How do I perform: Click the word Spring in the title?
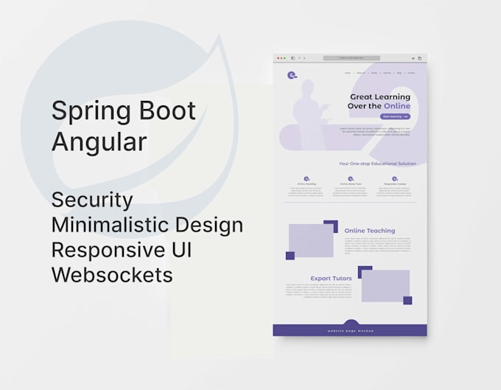[x=85, y=111]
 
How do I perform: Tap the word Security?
[x=92, y=200]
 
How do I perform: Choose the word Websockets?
[x=112, y=274]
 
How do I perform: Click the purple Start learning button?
[x=395, y=116]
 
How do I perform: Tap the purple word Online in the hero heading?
[x=397, y=106]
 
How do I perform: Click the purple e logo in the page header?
[x=292, y=74]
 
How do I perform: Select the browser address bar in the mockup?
[x=351, y=58]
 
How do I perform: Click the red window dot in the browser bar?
[x=278, y=58]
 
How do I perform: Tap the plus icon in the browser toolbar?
[x=413, y=58]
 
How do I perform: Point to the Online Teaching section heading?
[x=370, y=231]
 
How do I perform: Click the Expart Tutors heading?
[x=330, y=278]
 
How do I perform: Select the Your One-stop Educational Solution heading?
[x=377, y=164]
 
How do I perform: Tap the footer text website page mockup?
[x=351, y=331]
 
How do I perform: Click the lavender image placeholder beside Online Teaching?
[x=311, y=240]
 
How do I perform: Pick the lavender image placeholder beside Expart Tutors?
[x=385, y=285]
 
